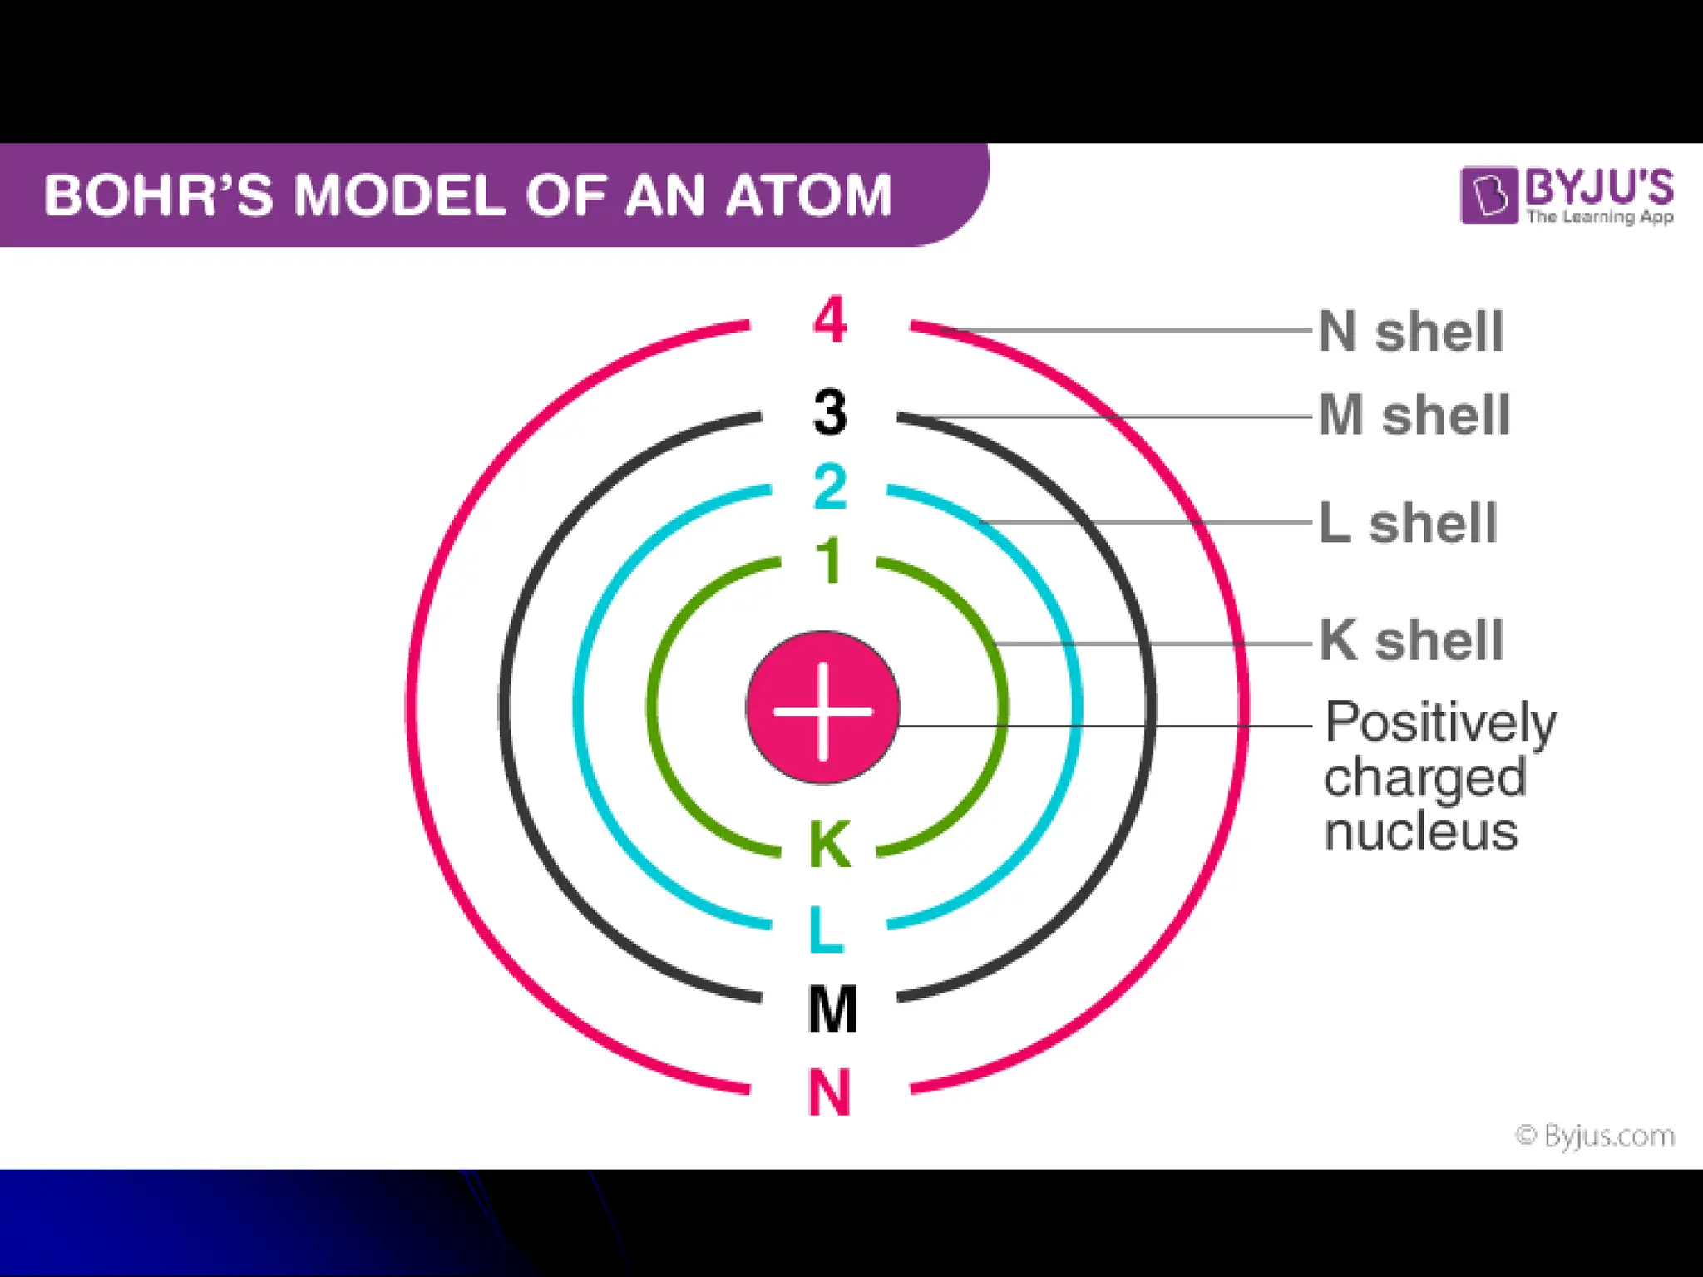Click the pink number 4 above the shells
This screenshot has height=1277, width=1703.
[830, 320]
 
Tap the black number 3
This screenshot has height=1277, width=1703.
[830, 412]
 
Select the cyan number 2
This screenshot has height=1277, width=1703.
[830, 488]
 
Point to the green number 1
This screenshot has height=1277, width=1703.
[830, 561]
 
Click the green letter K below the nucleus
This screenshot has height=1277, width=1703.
[830, 846]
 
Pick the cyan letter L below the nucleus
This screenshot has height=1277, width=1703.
[827, 929]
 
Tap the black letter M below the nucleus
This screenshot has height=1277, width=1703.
[832, 1009]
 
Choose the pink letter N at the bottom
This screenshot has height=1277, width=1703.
[830, 1092]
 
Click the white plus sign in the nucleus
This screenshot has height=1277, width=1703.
[823, 712]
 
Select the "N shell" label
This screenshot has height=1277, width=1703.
[1412, 332]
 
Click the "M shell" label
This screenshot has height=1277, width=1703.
[1414, 415]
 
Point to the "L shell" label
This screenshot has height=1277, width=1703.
[1409, 523]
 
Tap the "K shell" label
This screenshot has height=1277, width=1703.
[1412, 641]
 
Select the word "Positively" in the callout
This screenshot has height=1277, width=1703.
[1440, 722]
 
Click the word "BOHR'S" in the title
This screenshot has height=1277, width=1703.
[158, 196]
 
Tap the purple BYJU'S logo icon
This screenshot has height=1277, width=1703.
[1488, 196]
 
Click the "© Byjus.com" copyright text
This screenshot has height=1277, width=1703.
[1595, 1136]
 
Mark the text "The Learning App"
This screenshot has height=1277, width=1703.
[1600, 217]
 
